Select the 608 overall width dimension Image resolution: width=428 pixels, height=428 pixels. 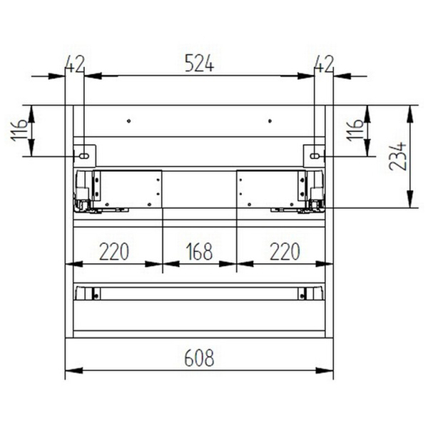[x=199, y=357]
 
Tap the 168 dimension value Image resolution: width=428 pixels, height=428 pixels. [x=199, y=252]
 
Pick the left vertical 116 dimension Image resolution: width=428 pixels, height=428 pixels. [x=21, y=131]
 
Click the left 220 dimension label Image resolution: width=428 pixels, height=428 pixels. [x=114, y=252]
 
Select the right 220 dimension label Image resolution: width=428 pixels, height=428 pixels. [x=284, y=252]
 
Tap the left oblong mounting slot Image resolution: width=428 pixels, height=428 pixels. [x=85, y=155]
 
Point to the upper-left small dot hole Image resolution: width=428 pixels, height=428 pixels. [x=129, y=121]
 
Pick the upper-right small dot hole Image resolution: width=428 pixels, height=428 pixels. [x=269, y=121]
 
